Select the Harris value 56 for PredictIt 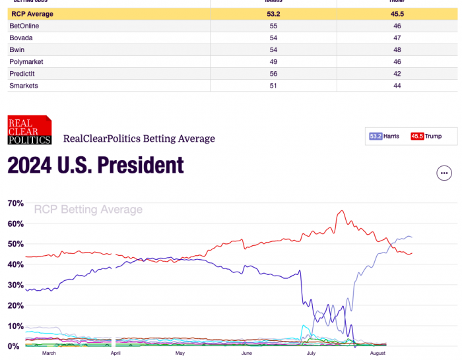pyautogui.click(x=273, y=74)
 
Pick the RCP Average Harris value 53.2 pyautogui.click(x=273, y=13)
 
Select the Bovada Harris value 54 pyautogui.click(x=273, y=38)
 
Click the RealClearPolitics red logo pyautogui.click(x=29, y=129)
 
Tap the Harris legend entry pyautogui.click(x=384, y=136)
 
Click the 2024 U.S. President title pyautogui.click(x=96, y=165)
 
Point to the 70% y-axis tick pyautogui.click(x=15, y=203)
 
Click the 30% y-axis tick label pyautogui.click(x=15, y=285)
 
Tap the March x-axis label pyautogui.click(x=49, y=353)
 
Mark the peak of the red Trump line pyautogui.click(x=341, y=211)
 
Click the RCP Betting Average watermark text pyautogui.click(x=88, y=210)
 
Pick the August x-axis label pyautogui.click(x=378, y=353)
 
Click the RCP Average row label pyautogui.click(x=32, y=13)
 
